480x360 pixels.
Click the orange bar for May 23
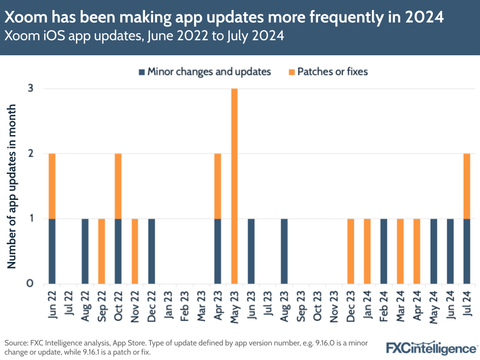point(234,186)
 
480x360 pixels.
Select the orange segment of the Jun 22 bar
point(52,186)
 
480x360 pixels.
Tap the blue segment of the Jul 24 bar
point(467,251)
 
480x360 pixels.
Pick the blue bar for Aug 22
point(85,251)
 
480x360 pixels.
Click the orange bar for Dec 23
point(350,251)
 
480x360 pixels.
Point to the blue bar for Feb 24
point(383,251)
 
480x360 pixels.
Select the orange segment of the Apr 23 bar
point(218,186)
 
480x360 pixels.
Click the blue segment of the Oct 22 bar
point(118,251)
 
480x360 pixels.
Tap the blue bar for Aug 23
point(284,251)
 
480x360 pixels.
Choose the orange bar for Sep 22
point(101,251)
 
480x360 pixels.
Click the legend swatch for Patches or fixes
point(291,72)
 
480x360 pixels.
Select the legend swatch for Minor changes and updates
point(141,72)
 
